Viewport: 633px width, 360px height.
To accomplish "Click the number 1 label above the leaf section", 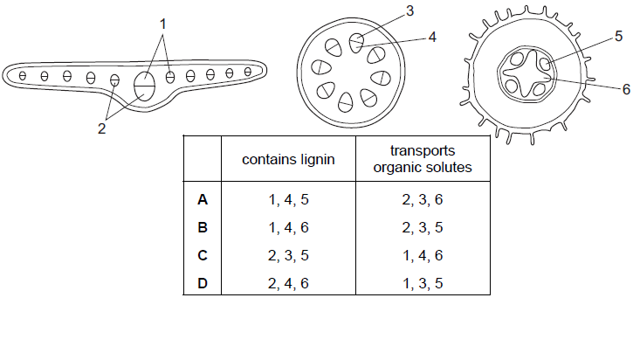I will click(x=162, y=24).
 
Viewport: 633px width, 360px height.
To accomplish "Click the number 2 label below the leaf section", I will click(x=102, y=128).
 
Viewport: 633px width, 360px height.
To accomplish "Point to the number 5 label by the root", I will click(x=619, y=36).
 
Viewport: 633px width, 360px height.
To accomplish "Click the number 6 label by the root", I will click(x=625, y=88).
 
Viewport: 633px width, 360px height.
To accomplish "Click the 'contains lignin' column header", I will click(x=288, y=160).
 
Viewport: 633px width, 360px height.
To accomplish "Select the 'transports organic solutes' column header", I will click(x=422, y=160).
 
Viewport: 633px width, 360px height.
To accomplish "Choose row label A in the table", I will click(x=203, y=199).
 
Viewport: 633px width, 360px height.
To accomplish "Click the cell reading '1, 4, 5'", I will click(x=288, y=199).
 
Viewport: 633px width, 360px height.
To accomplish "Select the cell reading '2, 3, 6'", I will click(x=423, y=199).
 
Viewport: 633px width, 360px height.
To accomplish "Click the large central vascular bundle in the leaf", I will click(x=144, y=86).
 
